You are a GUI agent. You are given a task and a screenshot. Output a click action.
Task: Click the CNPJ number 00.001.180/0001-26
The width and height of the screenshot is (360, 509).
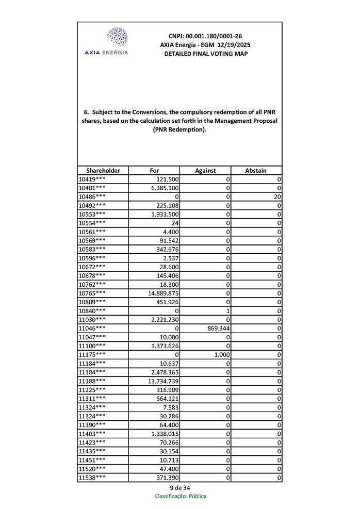pyautogui.click(x=205, y=36)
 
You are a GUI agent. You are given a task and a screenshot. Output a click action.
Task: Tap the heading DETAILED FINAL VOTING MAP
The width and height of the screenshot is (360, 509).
pyautogui.click(x=205, y=54)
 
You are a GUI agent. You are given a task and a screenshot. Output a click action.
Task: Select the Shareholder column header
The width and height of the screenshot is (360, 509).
pyautogui.click(x=103, y=171)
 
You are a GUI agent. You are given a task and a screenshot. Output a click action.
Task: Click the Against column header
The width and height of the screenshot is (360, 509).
pyautogui.click(x=205, y=171)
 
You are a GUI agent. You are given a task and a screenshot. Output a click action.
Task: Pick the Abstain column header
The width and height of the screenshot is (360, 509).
pyautogui.click(x=256, y=171)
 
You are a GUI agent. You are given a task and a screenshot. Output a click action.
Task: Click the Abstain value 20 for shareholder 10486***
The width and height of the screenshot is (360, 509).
pyautogui.click(x=277, y=197)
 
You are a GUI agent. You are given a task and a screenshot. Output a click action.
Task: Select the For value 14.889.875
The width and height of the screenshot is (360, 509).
pyautogui.click(x=163, y=293)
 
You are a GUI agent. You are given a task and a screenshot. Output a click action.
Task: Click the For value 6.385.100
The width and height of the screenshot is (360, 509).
pyautogui.click(x=165, y=188)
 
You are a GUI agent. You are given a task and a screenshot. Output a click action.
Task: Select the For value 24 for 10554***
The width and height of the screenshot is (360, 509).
pyautogui.click(x=175, y=223)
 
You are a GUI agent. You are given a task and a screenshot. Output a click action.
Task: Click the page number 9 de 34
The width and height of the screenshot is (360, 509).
pyautogui.click(x=180, y=488)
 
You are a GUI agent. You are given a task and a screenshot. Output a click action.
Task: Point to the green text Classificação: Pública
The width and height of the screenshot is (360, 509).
pyautogui.click(x=181, y=496)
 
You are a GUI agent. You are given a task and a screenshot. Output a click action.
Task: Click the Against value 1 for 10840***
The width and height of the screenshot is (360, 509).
pyautogui.click(x=227, y=311)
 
